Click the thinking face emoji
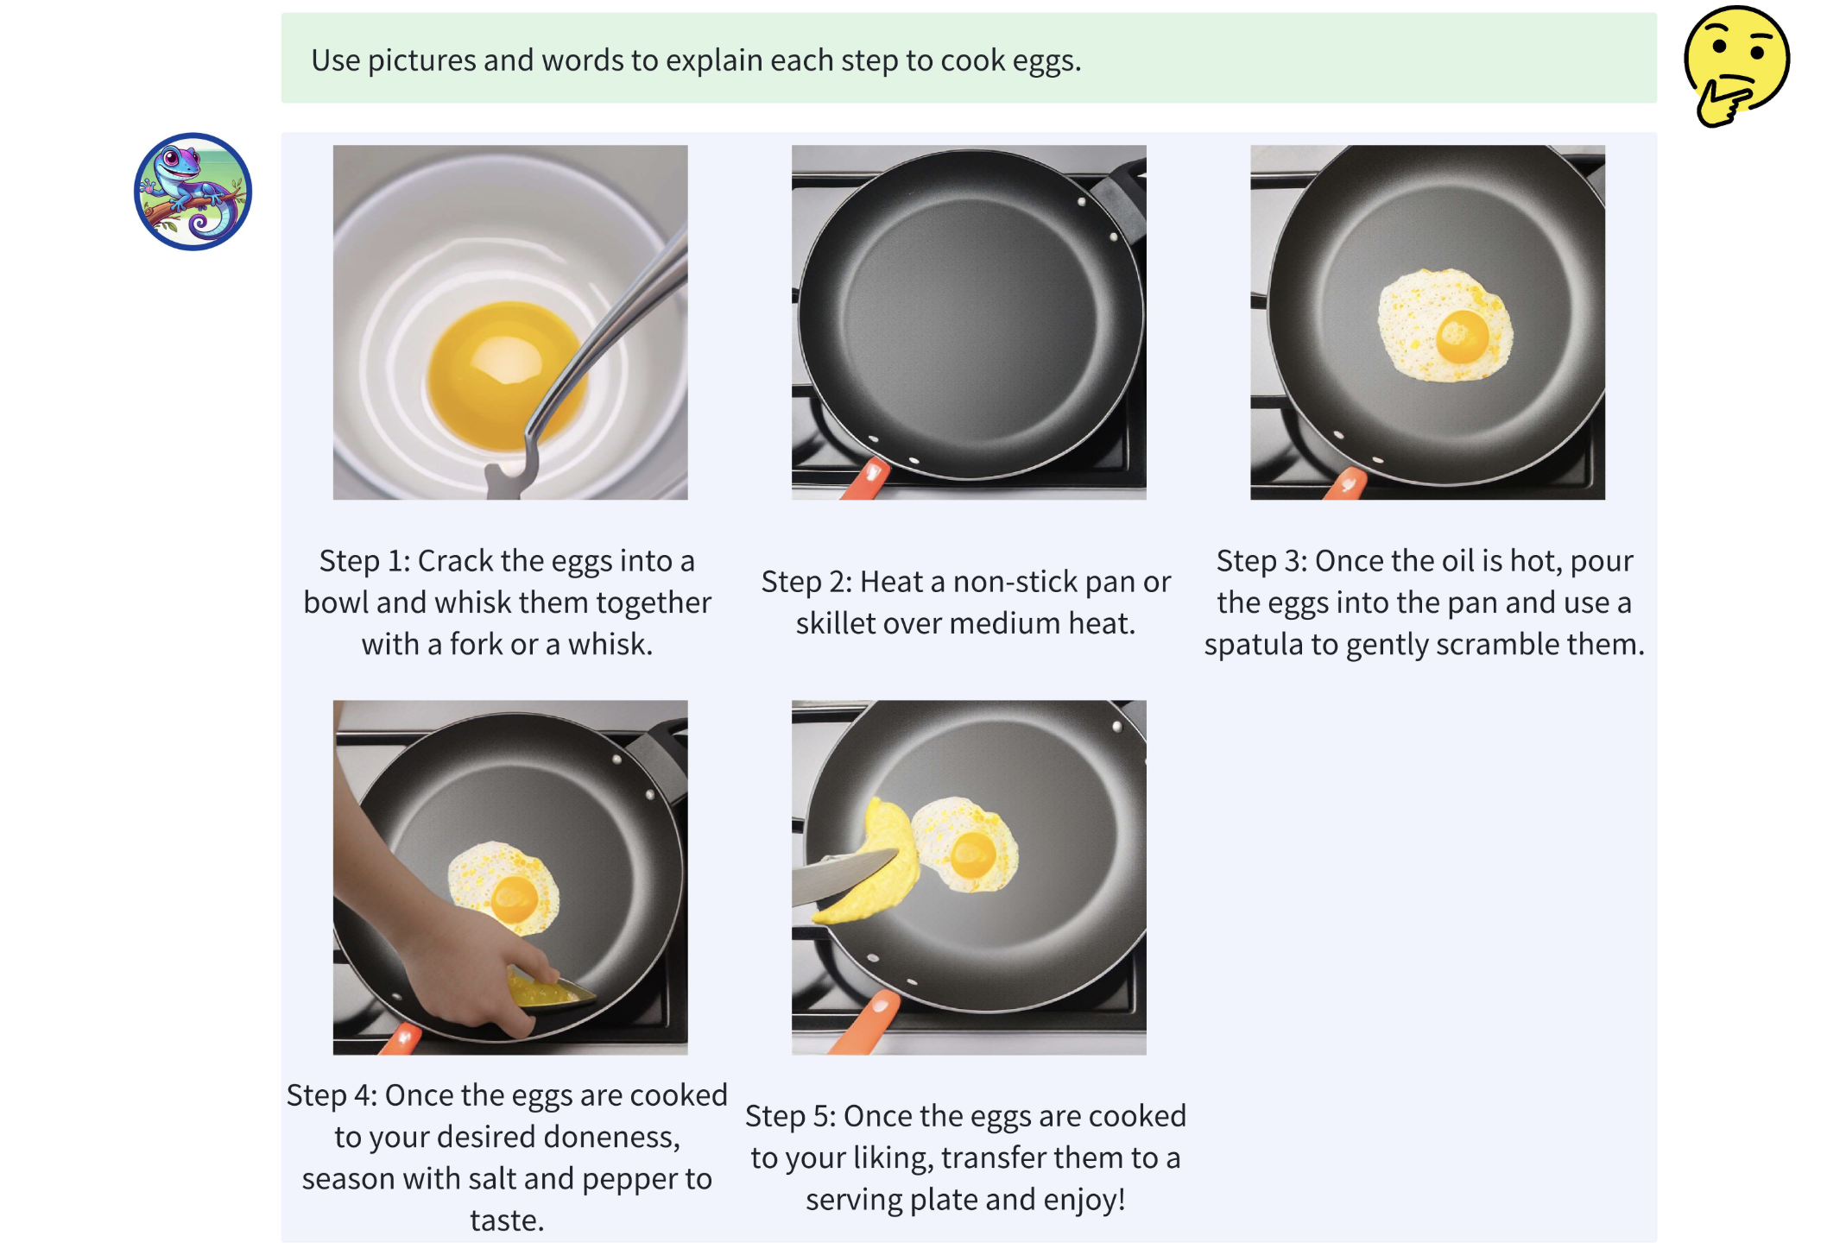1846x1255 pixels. (1735, 66)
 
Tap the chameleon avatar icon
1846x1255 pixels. (193, 192)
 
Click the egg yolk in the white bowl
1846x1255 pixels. (506, 375)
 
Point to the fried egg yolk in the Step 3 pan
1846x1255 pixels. (1463, 336)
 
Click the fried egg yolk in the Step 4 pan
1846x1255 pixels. (515, 899)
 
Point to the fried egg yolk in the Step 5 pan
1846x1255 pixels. (973, 855)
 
